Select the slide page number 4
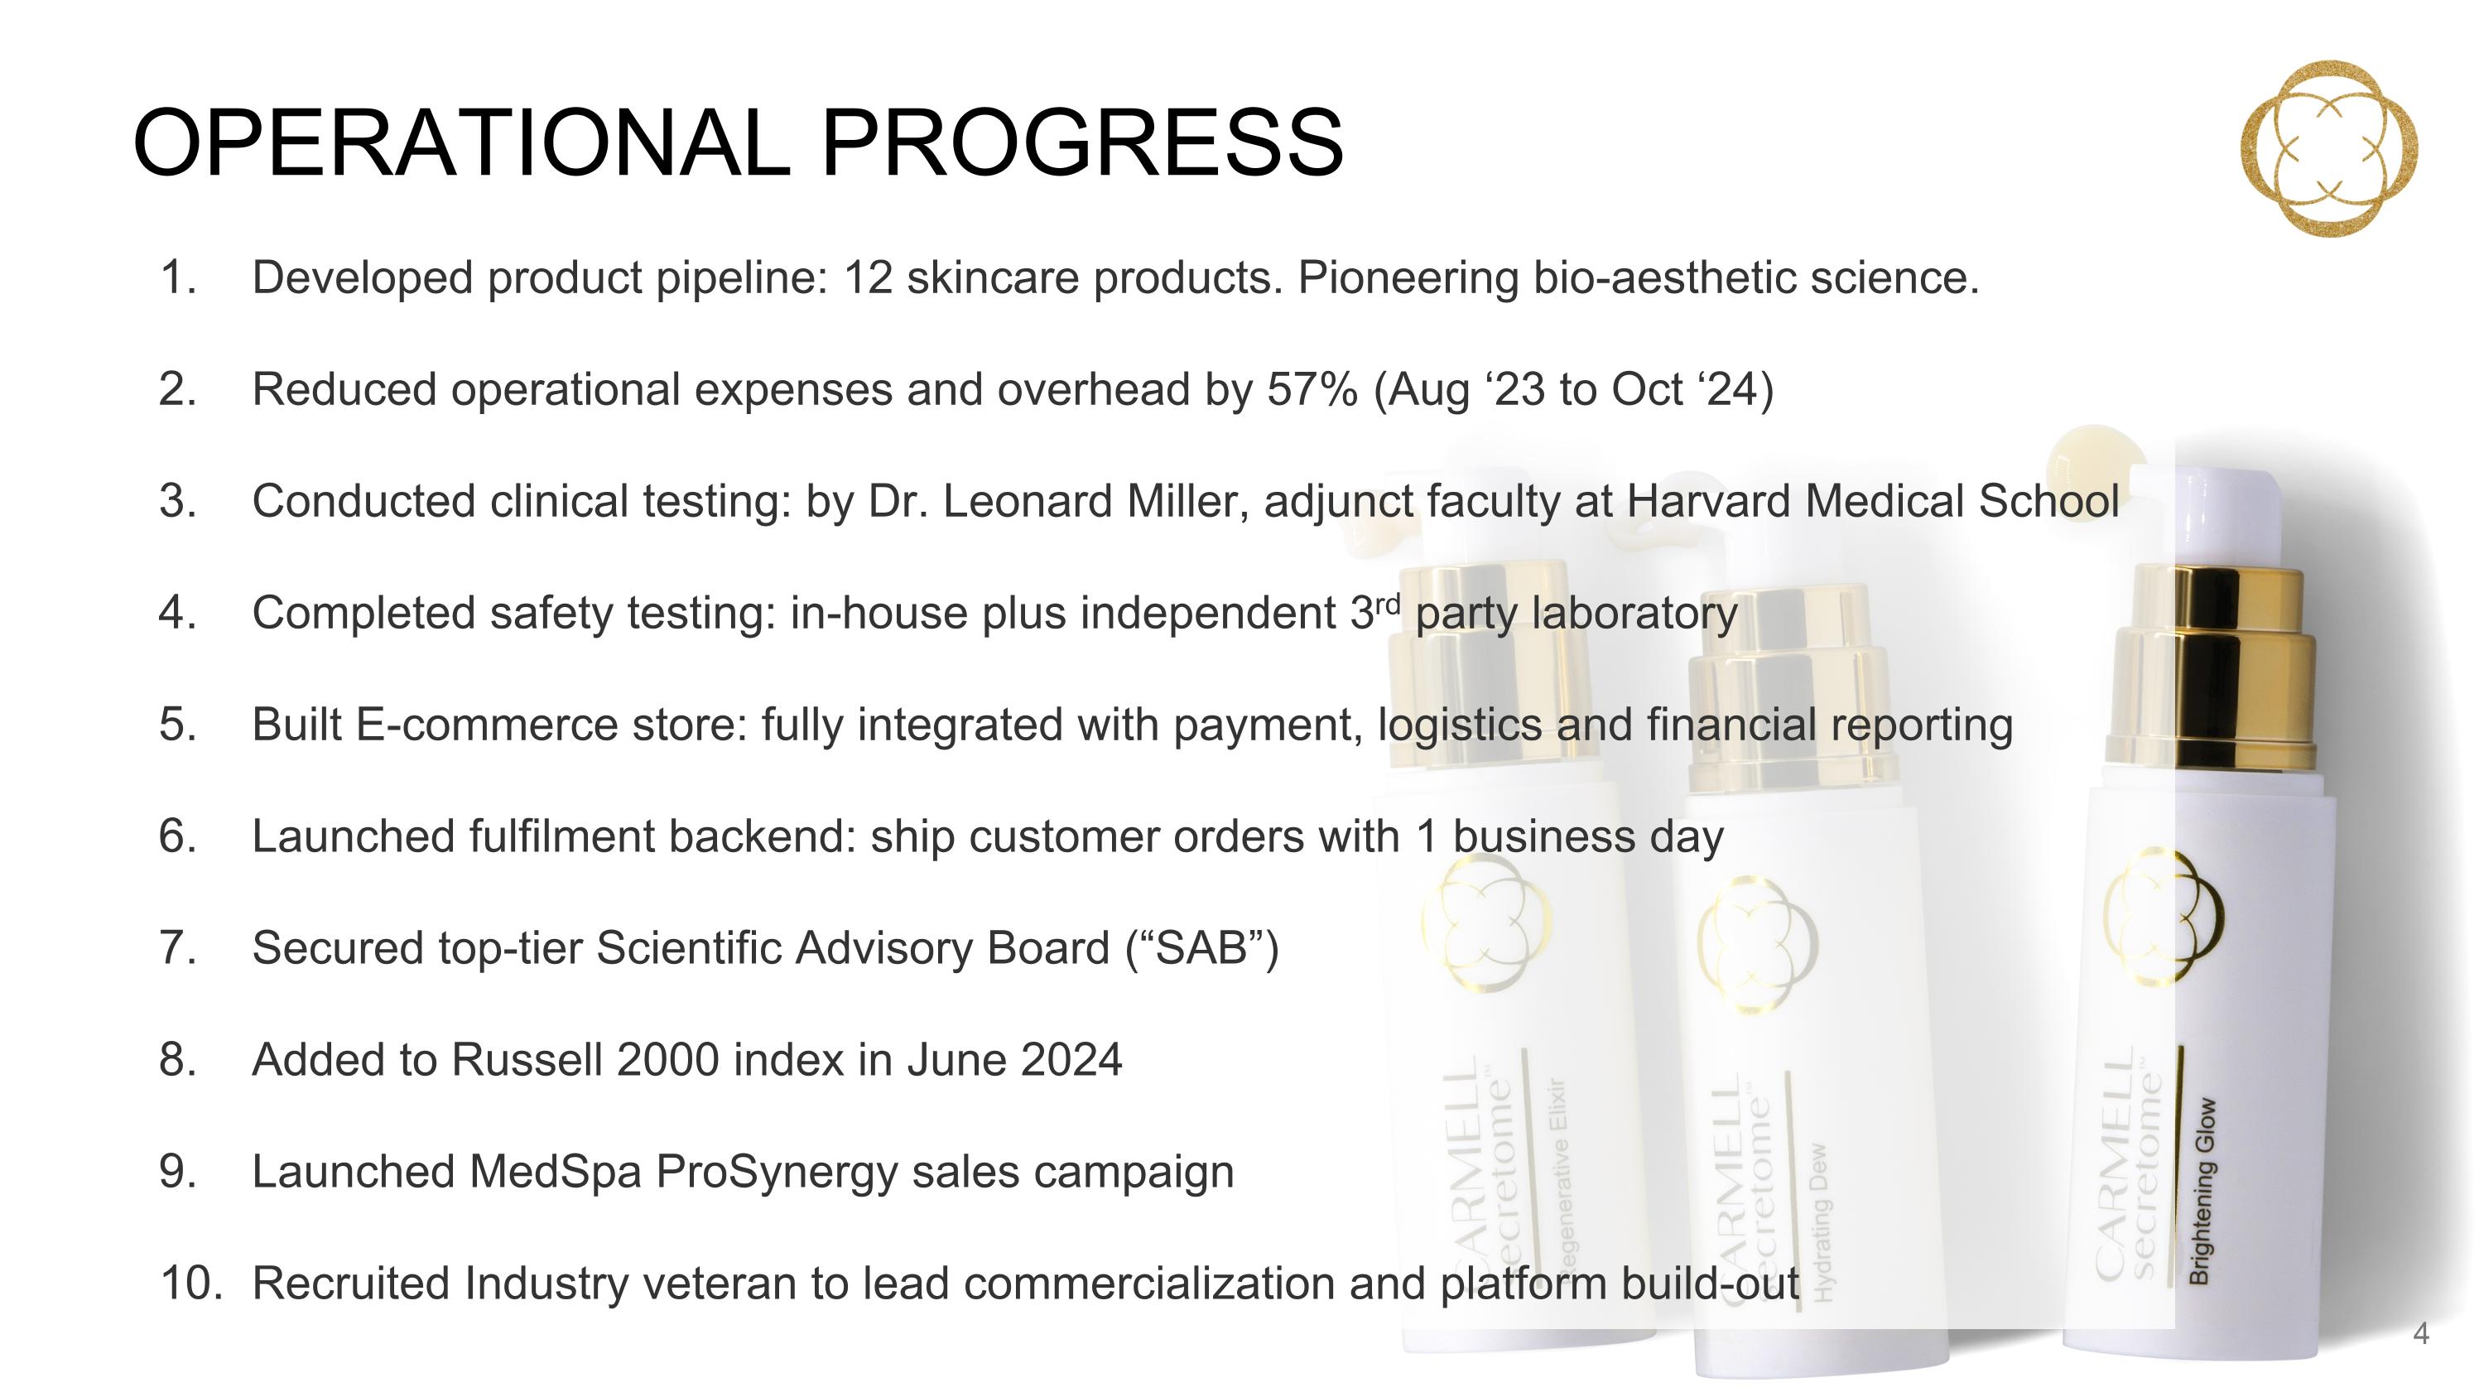2420,1334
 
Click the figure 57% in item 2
1312,389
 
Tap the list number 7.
177,947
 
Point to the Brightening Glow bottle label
2202,1191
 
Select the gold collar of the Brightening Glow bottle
2210,669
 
